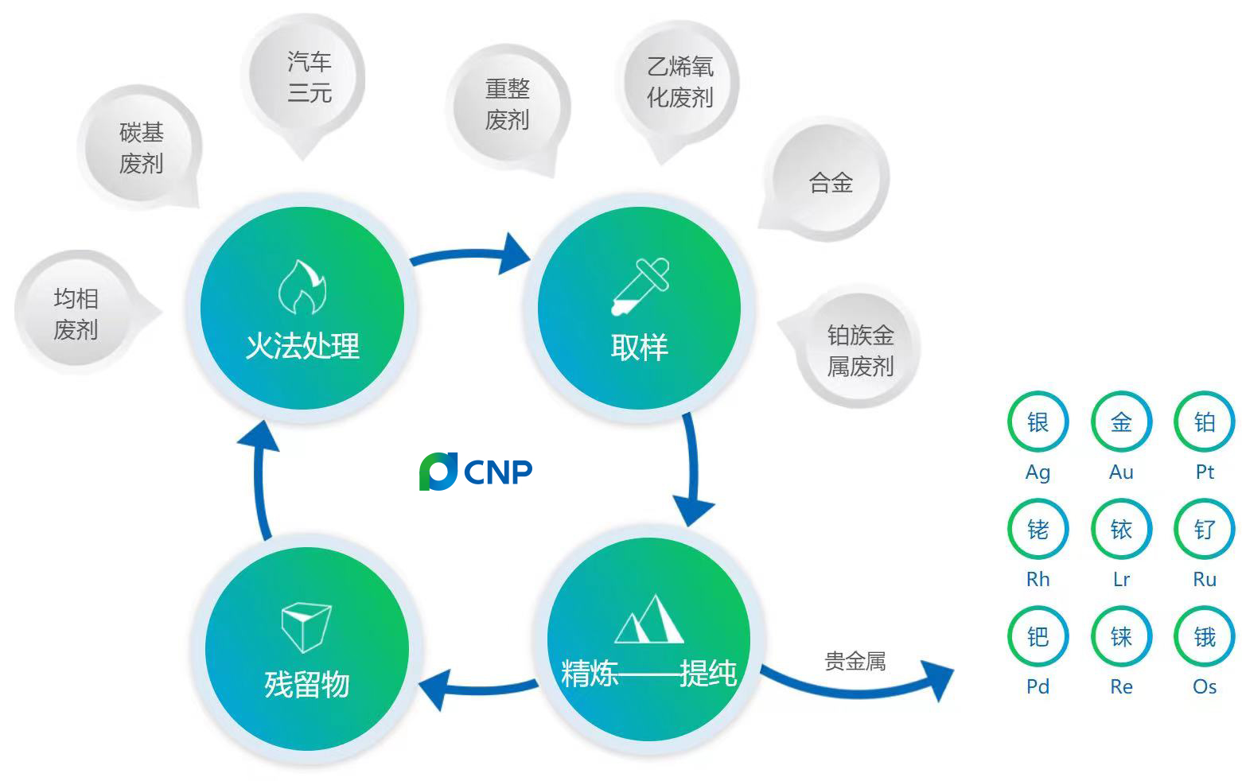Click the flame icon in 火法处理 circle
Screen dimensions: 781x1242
click(302, 288)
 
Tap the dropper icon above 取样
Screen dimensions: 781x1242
click(640, 286)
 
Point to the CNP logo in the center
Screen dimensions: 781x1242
click(476, 471)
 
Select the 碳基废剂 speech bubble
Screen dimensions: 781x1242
click(141, 148)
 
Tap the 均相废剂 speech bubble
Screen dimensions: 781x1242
click(76, 313)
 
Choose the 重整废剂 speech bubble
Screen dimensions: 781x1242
click(508, 104)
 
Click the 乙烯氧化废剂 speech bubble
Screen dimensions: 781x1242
click(679, 83)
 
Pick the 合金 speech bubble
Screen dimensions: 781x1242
click(829, 183)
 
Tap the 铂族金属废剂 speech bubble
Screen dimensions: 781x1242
click(859, 351)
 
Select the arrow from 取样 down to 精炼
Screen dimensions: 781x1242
click(691, 469)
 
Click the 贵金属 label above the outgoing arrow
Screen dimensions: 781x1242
click(855, 661)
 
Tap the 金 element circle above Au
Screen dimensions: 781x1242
click(1121, 422)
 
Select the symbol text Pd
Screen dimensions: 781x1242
click(1038, 687)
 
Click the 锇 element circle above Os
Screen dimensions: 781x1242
click(1205, 637)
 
